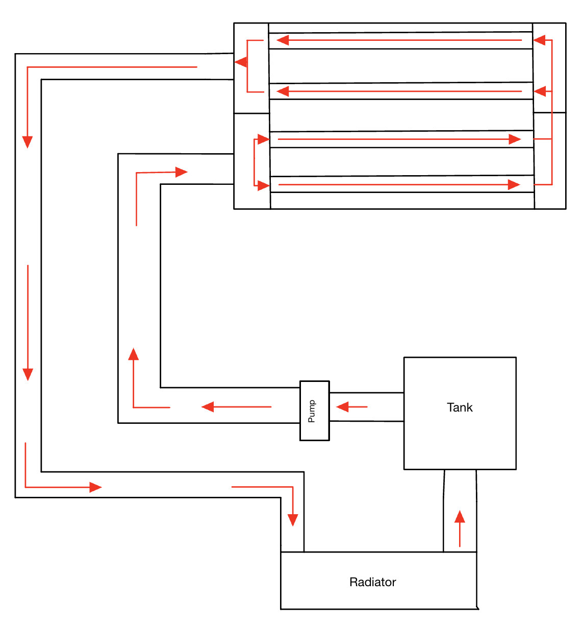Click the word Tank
coord(460,407)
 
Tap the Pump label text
coord(312,411)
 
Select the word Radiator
coord(372,582)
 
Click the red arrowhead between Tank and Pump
coord(342,407)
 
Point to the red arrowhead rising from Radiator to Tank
coord(460,516)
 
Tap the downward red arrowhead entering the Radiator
coord(293,520)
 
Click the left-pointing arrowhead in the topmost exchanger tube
coord(283,40)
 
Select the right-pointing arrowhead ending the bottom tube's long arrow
coord(514,185)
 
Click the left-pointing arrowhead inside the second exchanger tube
coord(283,91)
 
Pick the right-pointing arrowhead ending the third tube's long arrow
coord(514,139)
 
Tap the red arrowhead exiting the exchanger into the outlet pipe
coord(241,62)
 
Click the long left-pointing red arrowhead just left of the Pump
coord(208,407)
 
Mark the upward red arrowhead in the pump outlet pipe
coord(134,354)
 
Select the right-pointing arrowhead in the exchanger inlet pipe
coord(181,172)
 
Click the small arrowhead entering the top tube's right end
coord(539,40)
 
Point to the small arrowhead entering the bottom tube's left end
coord(263,185)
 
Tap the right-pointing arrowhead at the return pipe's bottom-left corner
coord(95,487)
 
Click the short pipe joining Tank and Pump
coord(366,407)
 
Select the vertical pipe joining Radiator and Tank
coord(460,511)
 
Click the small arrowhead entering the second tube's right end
coord(540,92)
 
